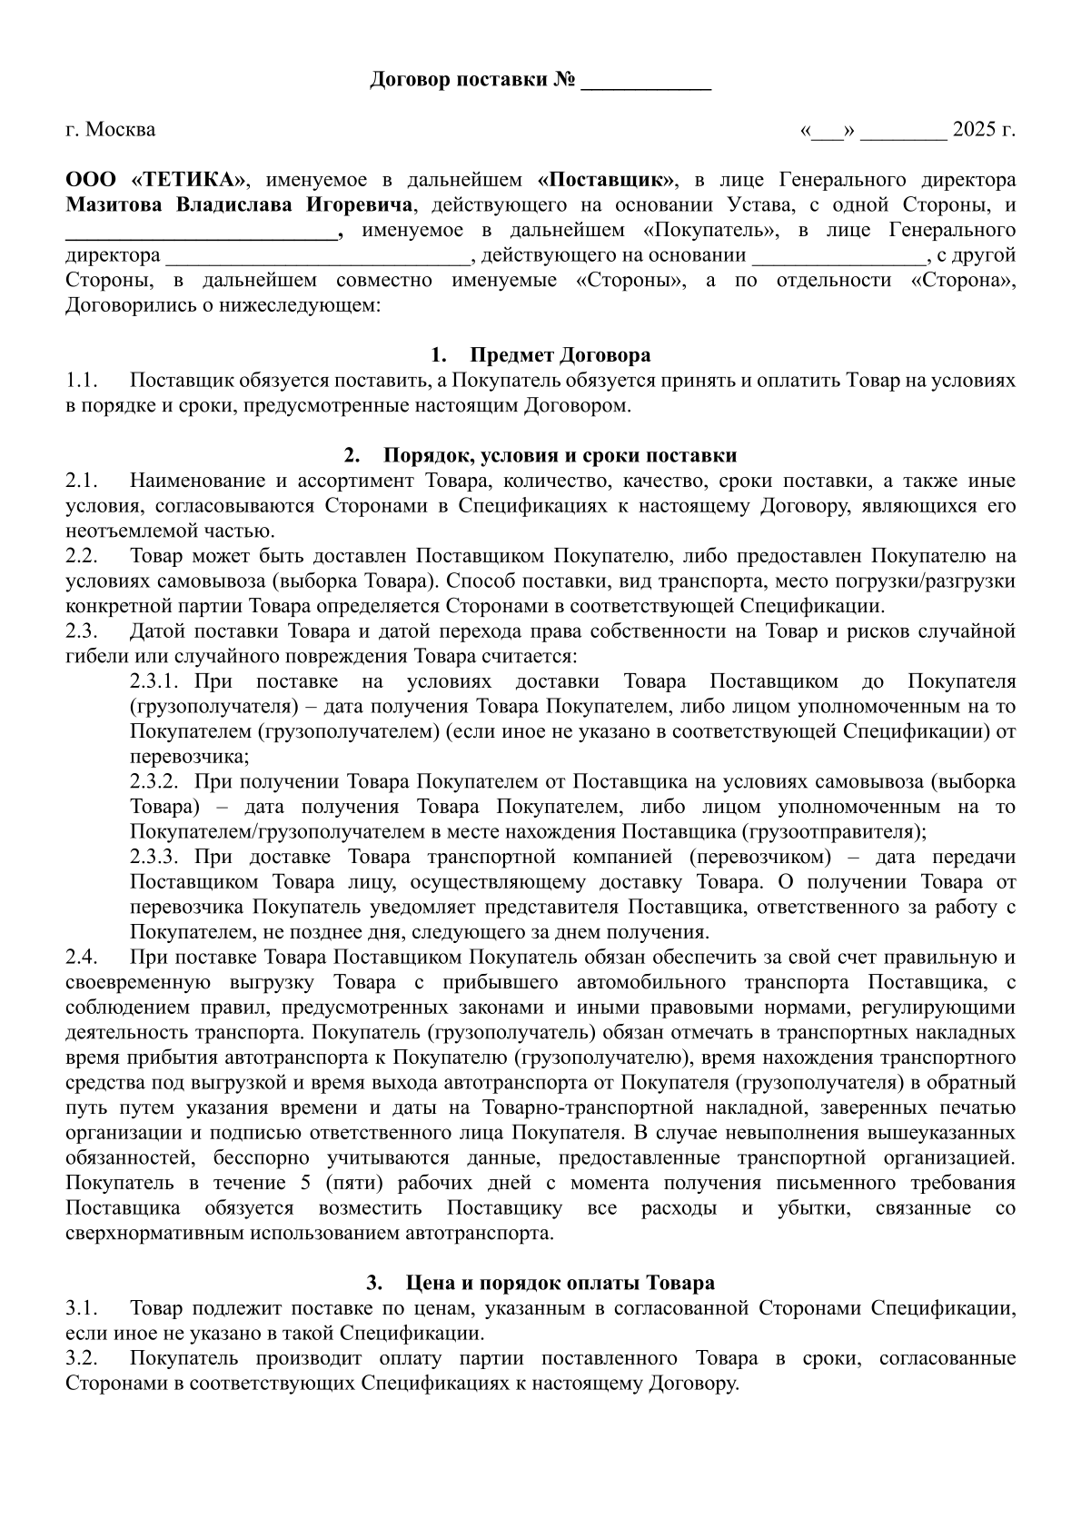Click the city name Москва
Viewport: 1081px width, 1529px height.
[x=121, y=130]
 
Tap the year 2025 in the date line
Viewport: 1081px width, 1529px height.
[x=974, y=130]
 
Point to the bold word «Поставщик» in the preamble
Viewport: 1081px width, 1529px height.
[x=607, y=180]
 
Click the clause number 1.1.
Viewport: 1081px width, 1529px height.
[x=81, y=381]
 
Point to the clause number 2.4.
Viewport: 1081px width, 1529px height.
[x=81, y=958]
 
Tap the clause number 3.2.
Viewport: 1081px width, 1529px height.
[x=81, y=1359]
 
